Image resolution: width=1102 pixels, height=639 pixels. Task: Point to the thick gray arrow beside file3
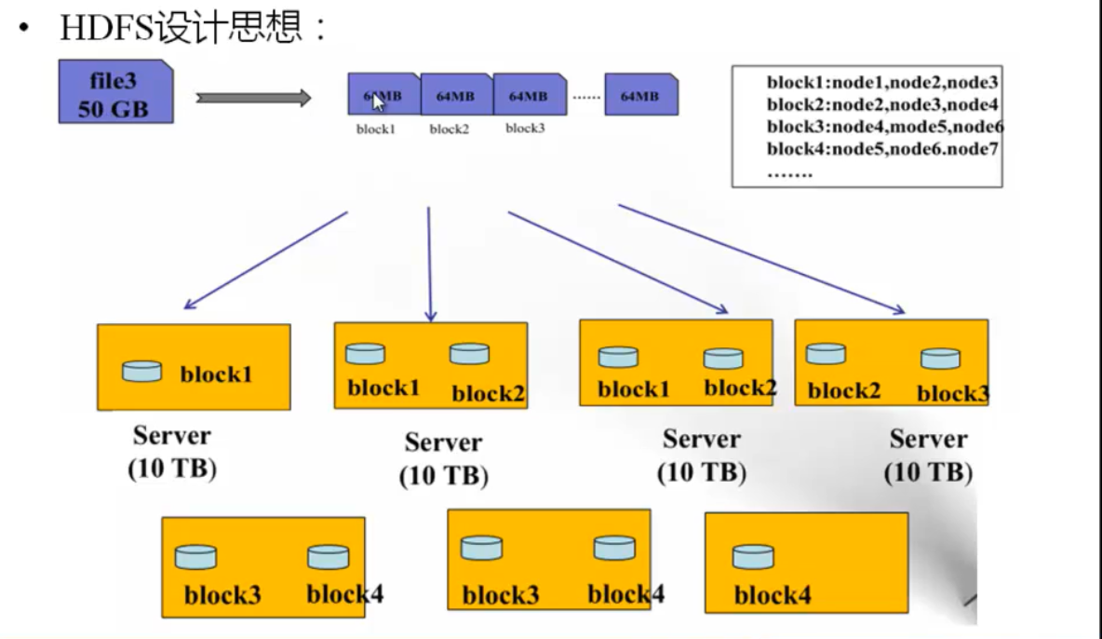click(x=253, y=98)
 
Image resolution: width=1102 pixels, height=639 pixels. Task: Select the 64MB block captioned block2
click(x=456, y=95)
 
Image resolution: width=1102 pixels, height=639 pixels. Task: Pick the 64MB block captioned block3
click(x=529, y=95)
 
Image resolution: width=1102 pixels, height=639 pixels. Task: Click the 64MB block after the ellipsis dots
click(x=640, y=95)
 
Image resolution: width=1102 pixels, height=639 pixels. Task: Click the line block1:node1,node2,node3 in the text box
click(x=882, y=83)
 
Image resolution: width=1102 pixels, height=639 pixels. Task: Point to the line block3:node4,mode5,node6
click(x=884, y=128)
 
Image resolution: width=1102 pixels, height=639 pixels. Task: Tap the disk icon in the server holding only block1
click(x=141, y=371)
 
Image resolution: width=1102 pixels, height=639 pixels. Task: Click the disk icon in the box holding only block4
click(x=753, y=557)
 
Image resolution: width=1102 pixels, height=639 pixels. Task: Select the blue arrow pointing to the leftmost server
click(x=265, y=260)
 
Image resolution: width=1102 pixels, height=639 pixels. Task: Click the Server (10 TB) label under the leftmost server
click(x=172, y=452)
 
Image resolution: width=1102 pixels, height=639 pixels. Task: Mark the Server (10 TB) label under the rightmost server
click(x=928, y=455)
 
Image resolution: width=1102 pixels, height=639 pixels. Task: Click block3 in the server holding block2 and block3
click(x=952, y=393)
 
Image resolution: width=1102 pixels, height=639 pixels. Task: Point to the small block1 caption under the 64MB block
click(x=376, y=129)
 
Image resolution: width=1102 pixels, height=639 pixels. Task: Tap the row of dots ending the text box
click(x=790, y=173)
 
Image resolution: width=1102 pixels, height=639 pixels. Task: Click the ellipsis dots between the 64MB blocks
click(x=585, y=96)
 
